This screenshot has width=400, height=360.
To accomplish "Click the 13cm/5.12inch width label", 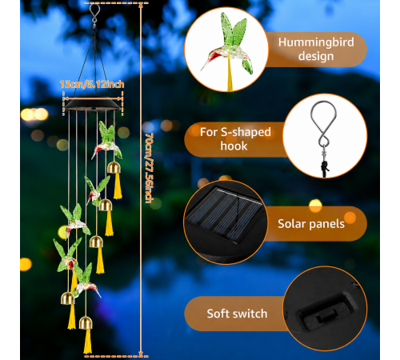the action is [92, 84].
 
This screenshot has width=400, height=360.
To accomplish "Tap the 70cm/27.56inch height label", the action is [150, 168].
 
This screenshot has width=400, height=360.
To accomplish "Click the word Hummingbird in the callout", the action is [316, 42].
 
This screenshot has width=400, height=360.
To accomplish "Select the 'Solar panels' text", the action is [311, 224].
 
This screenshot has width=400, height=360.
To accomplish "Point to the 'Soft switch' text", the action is [237, 314].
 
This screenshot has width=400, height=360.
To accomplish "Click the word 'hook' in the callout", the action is [234, 146].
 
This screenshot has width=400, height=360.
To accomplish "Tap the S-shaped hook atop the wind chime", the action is [94, 14].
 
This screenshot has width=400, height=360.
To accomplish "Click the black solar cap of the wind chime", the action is [93, 104].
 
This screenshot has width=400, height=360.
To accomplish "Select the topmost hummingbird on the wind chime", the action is [106, 140].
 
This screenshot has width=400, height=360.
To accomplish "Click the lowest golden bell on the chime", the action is [86, 323].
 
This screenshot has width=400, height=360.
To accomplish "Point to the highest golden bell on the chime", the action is [114, 167].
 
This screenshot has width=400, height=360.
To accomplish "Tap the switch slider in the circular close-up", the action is [325, 315].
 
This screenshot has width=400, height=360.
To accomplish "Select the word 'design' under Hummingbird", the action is [316, 57].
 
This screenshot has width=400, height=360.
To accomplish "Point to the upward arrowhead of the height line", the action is [141, 6].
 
